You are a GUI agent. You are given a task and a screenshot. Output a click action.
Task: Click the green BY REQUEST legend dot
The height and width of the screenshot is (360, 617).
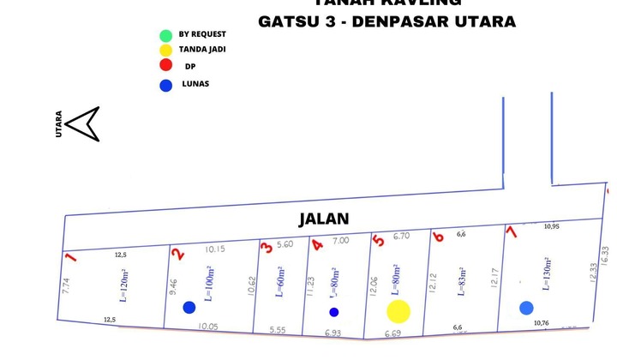coord(165,35)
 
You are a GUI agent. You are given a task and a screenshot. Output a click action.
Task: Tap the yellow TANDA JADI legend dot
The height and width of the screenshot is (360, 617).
coord(165,51)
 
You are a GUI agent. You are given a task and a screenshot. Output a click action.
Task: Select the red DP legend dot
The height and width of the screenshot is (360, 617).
coord(165,67)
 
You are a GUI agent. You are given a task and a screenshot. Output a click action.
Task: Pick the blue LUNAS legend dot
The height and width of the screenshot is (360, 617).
coord(165,85)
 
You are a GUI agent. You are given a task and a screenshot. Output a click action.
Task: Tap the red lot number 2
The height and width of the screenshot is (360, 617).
coord(177,253)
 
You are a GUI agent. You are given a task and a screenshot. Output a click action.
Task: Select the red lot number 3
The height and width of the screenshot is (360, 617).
coord(267,248)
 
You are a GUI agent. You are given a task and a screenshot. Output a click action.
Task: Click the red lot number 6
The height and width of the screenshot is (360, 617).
coord(437,237)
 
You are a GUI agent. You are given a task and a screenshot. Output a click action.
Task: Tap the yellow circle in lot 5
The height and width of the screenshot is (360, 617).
coord(398,311)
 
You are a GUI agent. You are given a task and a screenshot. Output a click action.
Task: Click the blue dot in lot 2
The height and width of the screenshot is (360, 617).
coord(189,307)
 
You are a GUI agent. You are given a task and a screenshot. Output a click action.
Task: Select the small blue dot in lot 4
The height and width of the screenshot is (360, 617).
coord(334,312)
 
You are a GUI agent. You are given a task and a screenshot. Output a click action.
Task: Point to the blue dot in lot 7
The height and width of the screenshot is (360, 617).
coord(526,308)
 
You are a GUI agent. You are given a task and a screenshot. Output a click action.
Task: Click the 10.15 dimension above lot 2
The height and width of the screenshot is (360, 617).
coord(216,249)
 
